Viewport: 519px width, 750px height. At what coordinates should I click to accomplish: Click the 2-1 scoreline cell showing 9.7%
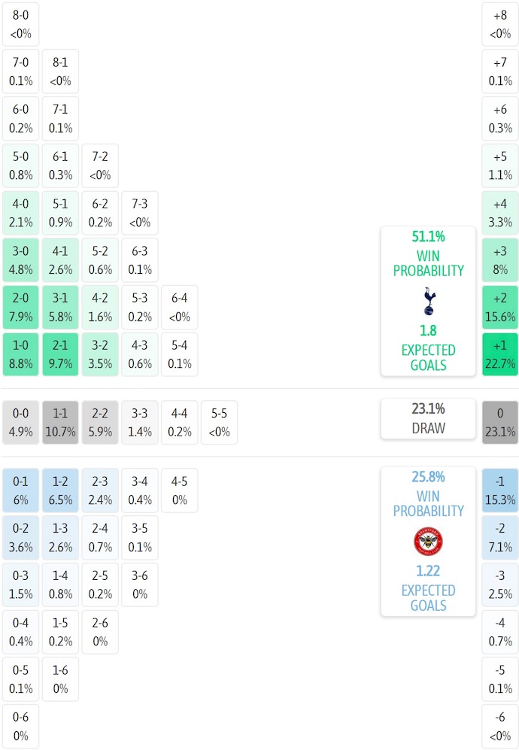pos(60,354)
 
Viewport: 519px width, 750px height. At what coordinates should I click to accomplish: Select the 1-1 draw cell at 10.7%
pos(60,422)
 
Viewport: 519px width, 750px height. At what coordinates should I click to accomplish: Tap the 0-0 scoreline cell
pos(20,422)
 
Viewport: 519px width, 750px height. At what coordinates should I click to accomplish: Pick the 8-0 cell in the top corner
pos(20,24)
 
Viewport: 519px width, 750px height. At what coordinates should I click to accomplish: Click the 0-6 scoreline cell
pos(20,727)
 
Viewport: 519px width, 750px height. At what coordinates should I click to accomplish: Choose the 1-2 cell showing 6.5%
pos(60,490)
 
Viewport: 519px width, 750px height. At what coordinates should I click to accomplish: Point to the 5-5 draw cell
pos(219,422)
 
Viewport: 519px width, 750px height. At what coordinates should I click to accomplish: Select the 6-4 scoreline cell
pos(179,307)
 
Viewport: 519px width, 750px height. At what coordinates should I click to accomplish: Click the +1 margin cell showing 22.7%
pos(500,354)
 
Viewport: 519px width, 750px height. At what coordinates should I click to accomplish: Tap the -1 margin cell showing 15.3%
pos(500,490)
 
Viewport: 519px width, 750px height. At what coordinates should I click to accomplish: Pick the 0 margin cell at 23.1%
pos(500,422)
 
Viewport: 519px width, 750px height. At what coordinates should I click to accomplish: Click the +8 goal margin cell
pos(500,24)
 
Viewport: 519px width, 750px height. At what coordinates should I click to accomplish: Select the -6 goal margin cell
pos(500,727)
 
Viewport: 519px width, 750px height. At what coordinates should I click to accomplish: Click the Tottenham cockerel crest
pos(428,301)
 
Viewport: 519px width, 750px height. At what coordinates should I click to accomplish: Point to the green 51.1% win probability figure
pos(428,237)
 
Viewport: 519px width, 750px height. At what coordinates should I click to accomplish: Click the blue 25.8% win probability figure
pos(428,477)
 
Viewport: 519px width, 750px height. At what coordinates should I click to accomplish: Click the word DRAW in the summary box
pos(428,428)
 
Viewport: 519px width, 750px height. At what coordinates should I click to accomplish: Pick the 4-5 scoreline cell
pos(179,490)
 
